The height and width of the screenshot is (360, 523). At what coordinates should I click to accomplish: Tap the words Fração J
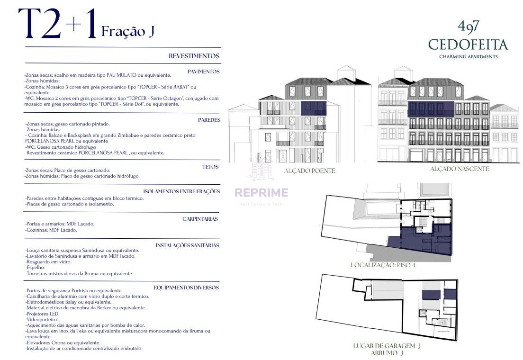128,31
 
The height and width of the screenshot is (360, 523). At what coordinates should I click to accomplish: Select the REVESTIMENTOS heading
194,56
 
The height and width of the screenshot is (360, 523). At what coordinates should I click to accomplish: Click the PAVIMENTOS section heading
203,72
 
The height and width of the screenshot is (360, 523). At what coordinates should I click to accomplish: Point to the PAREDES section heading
209,120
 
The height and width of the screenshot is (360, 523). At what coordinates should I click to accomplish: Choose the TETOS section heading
210,167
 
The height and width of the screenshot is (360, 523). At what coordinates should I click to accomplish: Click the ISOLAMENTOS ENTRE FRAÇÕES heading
181,191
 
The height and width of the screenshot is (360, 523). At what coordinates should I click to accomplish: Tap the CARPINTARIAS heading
200,219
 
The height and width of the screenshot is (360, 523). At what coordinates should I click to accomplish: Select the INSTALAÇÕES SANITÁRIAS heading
188,245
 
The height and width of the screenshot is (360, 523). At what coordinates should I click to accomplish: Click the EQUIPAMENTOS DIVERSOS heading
186,288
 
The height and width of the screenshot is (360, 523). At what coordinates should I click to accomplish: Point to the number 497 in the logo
469,27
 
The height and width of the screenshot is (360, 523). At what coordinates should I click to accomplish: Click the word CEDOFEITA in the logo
468,45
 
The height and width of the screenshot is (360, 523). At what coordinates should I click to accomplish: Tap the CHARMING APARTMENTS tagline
469,57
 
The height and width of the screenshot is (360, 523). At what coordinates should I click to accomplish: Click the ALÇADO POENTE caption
309,171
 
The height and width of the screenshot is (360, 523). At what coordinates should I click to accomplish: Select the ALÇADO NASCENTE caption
460,169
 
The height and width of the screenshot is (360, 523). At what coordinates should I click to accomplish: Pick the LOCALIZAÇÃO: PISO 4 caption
383,265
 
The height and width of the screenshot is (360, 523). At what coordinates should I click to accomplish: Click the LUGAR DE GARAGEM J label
387,346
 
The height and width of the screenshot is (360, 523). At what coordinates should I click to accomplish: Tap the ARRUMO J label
387,353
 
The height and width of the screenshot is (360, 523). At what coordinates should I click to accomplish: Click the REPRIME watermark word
261,192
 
